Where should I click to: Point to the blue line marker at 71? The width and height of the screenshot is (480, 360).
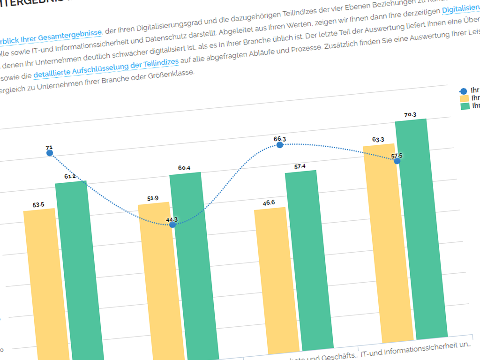[x=50, y=153]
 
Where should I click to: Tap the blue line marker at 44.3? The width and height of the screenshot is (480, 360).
[x=172, y=225]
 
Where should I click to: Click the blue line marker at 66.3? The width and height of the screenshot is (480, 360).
[x=280, y=145]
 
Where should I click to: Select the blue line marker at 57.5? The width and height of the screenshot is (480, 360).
[x=397, y=161]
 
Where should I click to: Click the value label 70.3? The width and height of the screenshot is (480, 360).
[x=410, y=114]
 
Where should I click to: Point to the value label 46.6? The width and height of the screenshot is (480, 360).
[x=269, y=202]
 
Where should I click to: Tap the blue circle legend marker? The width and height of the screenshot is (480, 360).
[x=464, y=91]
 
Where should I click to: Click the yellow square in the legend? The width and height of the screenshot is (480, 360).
[x=465, y=98]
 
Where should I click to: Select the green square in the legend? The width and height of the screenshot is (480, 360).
[x=465, y=106]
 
